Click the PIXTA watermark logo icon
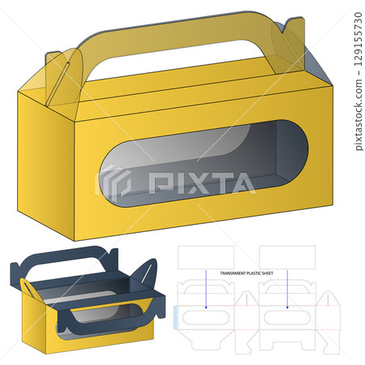coord(114,182)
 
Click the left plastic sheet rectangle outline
coord(206,256)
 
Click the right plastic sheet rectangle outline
coord(287,256)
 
